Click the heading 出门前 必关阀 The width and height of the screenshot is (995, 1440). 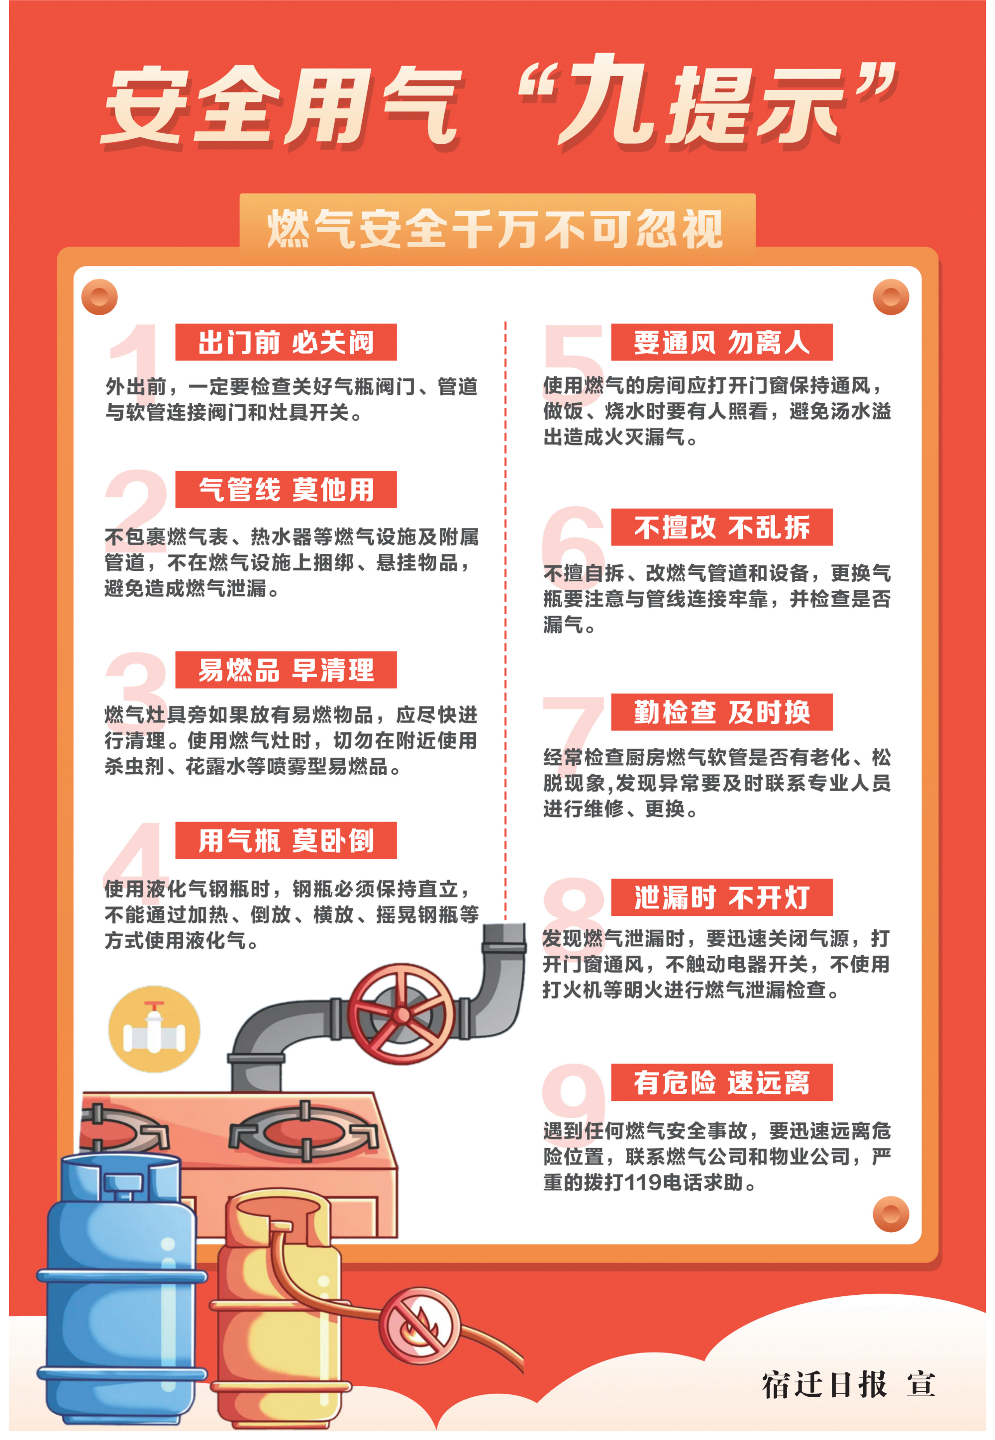pyautogui.click(x=286, y=342)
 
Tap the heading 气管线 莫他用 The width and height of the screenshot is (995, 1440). pyautogui.click(x=286, y=490)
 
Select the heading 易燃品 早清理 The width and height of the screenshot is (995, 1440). pyautogui.click(x=286, y=670)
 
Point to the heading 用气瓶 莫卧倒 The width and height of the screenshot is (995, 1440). pyautogui.click(x=286, y=840)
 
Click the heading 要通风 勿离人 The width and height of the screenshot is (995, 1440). pyautogui.click(x=722, y=342)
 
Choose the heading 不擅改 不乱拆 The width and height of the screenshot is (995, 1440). pyautogui.click(x=722, y=527)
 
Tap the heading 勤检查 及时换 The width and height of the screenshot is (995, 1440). pyautogui.click(x=722, y=712)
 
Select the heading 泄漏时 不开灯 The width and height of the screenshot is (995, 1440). pyautogui.click(x=722, y=898)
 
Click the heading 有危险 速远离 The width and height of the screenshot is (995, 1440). pyautogui.click(x=722, y=1082)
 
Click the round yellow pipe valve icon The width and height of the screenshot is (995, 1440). pyautogui.click(x=155, y=1029)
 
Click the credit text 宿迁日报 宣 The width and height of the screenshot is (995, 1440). pyautogui.click(x=849, y=1384)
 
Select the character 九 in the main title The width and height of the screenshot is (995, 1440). pyautogui.click(x=608, y=100)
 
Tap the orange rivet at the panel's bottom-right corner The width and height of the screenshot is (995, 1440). pyautogui.click(x=891, y=1214)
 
